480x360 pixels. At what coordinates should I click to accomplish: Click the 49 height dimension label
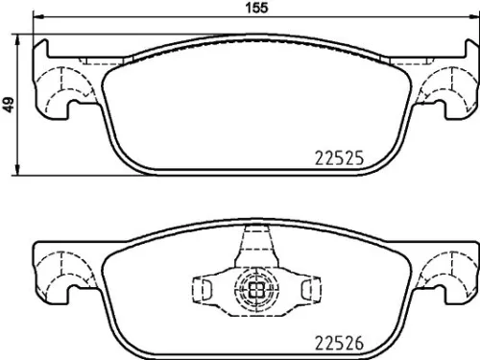tap(9, 107)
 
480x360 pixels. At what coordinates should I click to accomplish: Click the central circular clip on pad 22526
tap(255, 287)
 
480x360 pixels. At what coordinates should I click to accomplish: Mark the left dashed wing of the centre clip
tap(206, 287)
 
